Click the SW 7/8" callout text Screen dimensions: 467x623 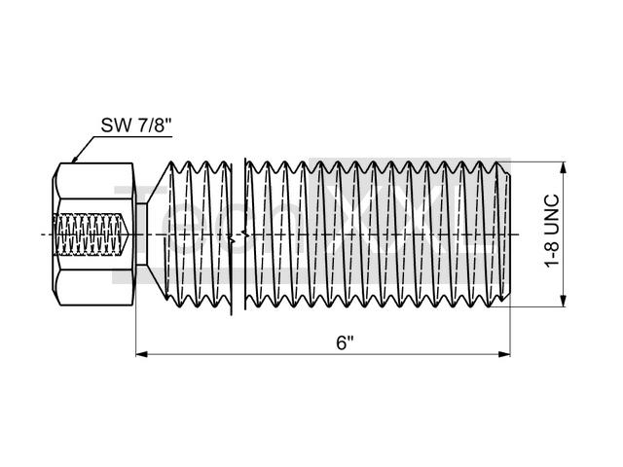tap(136, 125)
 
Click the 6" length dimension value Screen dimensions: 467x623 tap(344, 343)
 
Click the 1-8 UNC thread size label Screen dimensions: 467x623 tap(552, 234)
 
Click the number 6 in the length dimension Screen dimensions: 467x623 tap(341, 343)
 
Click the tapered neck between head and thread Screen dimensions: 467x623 tap(152, 234)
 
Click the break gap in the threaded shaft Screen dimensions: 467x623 tap(238, 234)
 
